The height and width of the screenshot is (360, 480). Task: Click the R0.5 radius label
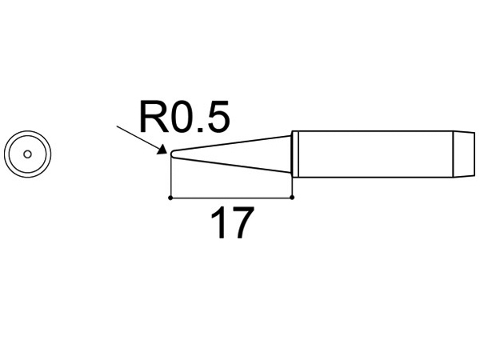click(184, 118)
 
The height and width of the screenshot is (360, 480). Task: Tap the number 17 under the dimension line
click(231, 224)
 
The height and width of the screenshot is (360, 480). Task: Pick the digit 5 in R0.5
click(218, 118)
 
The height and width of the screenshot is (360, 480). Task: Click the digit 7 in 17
click(242, 224)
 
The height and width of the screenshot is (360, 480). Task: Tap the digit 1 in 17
click(218, 224)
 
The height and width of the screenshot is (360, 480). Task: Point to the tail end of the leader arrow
click(117, 125)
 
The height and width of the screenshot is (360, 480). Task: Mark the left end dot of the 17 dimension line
click(171, 197)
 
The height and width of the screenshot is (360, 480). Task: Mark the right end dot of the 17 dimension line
click(292, 197)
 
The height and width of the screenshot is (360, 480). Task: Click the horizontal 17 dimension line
click(232, 197)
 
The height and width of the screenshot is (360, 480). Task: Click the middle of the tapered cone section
click(232, 154)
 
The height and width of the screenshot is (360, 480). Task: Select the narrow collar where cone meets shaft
click(294, 154)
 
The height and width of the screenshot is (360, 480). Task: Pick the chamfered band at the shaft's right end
click(462, 154)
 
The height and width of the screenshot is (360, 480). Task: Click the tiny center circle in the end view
click(27, 154)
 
